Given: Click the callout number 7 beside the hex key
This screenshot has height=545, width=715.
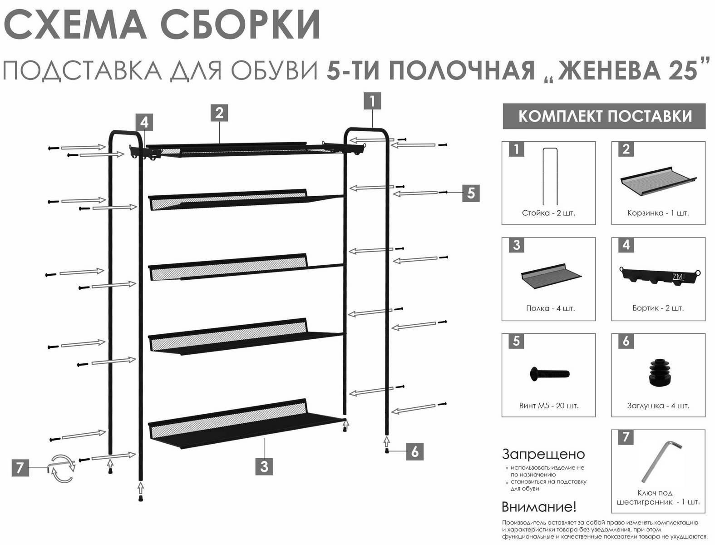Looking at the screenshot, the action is [20, 468].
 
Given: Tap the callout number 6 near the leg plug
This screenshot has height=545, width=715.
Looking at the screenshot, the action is [414, 451].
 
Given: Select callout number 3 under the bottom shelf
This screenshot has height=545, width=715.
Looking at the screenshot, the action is [264, 466].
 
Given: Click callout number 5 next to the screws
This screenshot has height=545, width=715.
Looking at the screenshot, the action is [471, 193].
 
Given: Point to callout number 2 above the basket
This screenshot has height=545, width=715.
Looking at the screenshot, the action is [219, 113].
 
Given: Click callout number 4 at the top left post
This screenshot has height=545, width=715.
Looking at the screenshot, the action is [144, 123].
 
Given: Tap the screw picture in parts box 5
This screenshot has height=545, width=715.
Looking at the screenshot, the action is [549, 373].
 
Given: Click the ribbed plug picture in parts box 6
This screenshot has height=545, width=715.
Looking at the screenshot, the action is [659, 372].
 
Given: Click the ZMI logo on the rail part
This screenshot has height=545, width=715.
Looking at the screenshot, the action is [679, 277].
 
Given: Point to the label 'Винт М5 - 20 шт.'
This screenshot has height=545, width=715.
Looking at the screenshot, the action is [549, 406].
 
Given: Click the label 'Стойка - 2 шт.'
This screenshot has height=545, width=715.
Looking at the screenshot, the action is [548, 213].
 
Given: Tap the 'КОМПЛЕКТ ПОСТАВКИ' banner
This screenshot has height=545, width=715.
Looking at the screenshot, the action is [604, 116].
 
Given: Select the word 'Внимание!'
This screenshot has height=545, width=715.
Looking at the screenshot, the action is [539, 507].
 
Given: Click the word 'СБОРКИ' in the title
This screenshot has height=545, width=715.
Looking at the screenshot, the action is [239, 25].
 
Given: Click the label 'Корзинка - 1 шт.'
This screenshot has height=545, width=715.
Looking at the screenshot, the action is [658, 213].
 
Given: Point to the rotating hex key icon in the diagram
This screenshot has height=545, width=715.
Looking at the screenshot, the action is [61, 468].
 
